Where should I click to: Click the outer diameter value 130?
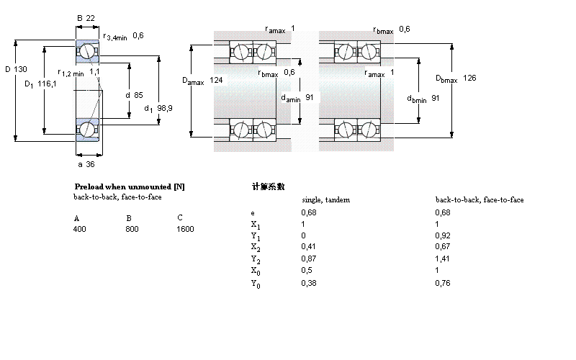[x=21, y=70]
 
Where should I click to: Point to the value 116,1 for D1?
[x=48, y=84]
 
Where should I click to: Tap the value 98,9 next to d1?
[x=165, y=108]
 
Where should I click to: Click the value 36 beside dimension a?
[x=90, y=163]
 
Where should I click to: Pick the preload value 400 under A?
[x=79, y=229]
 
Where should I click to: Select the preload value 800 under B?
[x=132, y=229]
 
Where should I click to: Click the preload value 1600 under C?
[x=185, y=229]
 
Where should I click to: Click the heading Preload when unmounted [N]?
[x=130, y=186]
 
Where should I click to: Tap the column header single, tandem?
[x=325, y=199]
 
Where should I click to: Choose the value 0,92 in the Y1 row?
[x=442, y=235]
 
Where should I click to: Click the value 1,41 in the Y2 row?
[x=442, y=259]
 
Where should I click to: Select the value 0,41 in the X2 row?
[x=307, y=247]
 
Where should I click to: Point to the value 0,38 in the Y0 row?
[x=307, y=283]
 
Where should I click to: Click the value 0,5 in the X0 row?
[x=305, y=271]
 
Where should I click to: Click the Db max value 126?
[x=469, y=78]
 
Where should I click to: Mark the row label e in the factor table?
[x=252, y=212]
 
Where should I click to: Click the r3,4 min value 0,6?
[x=138, y=36]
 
